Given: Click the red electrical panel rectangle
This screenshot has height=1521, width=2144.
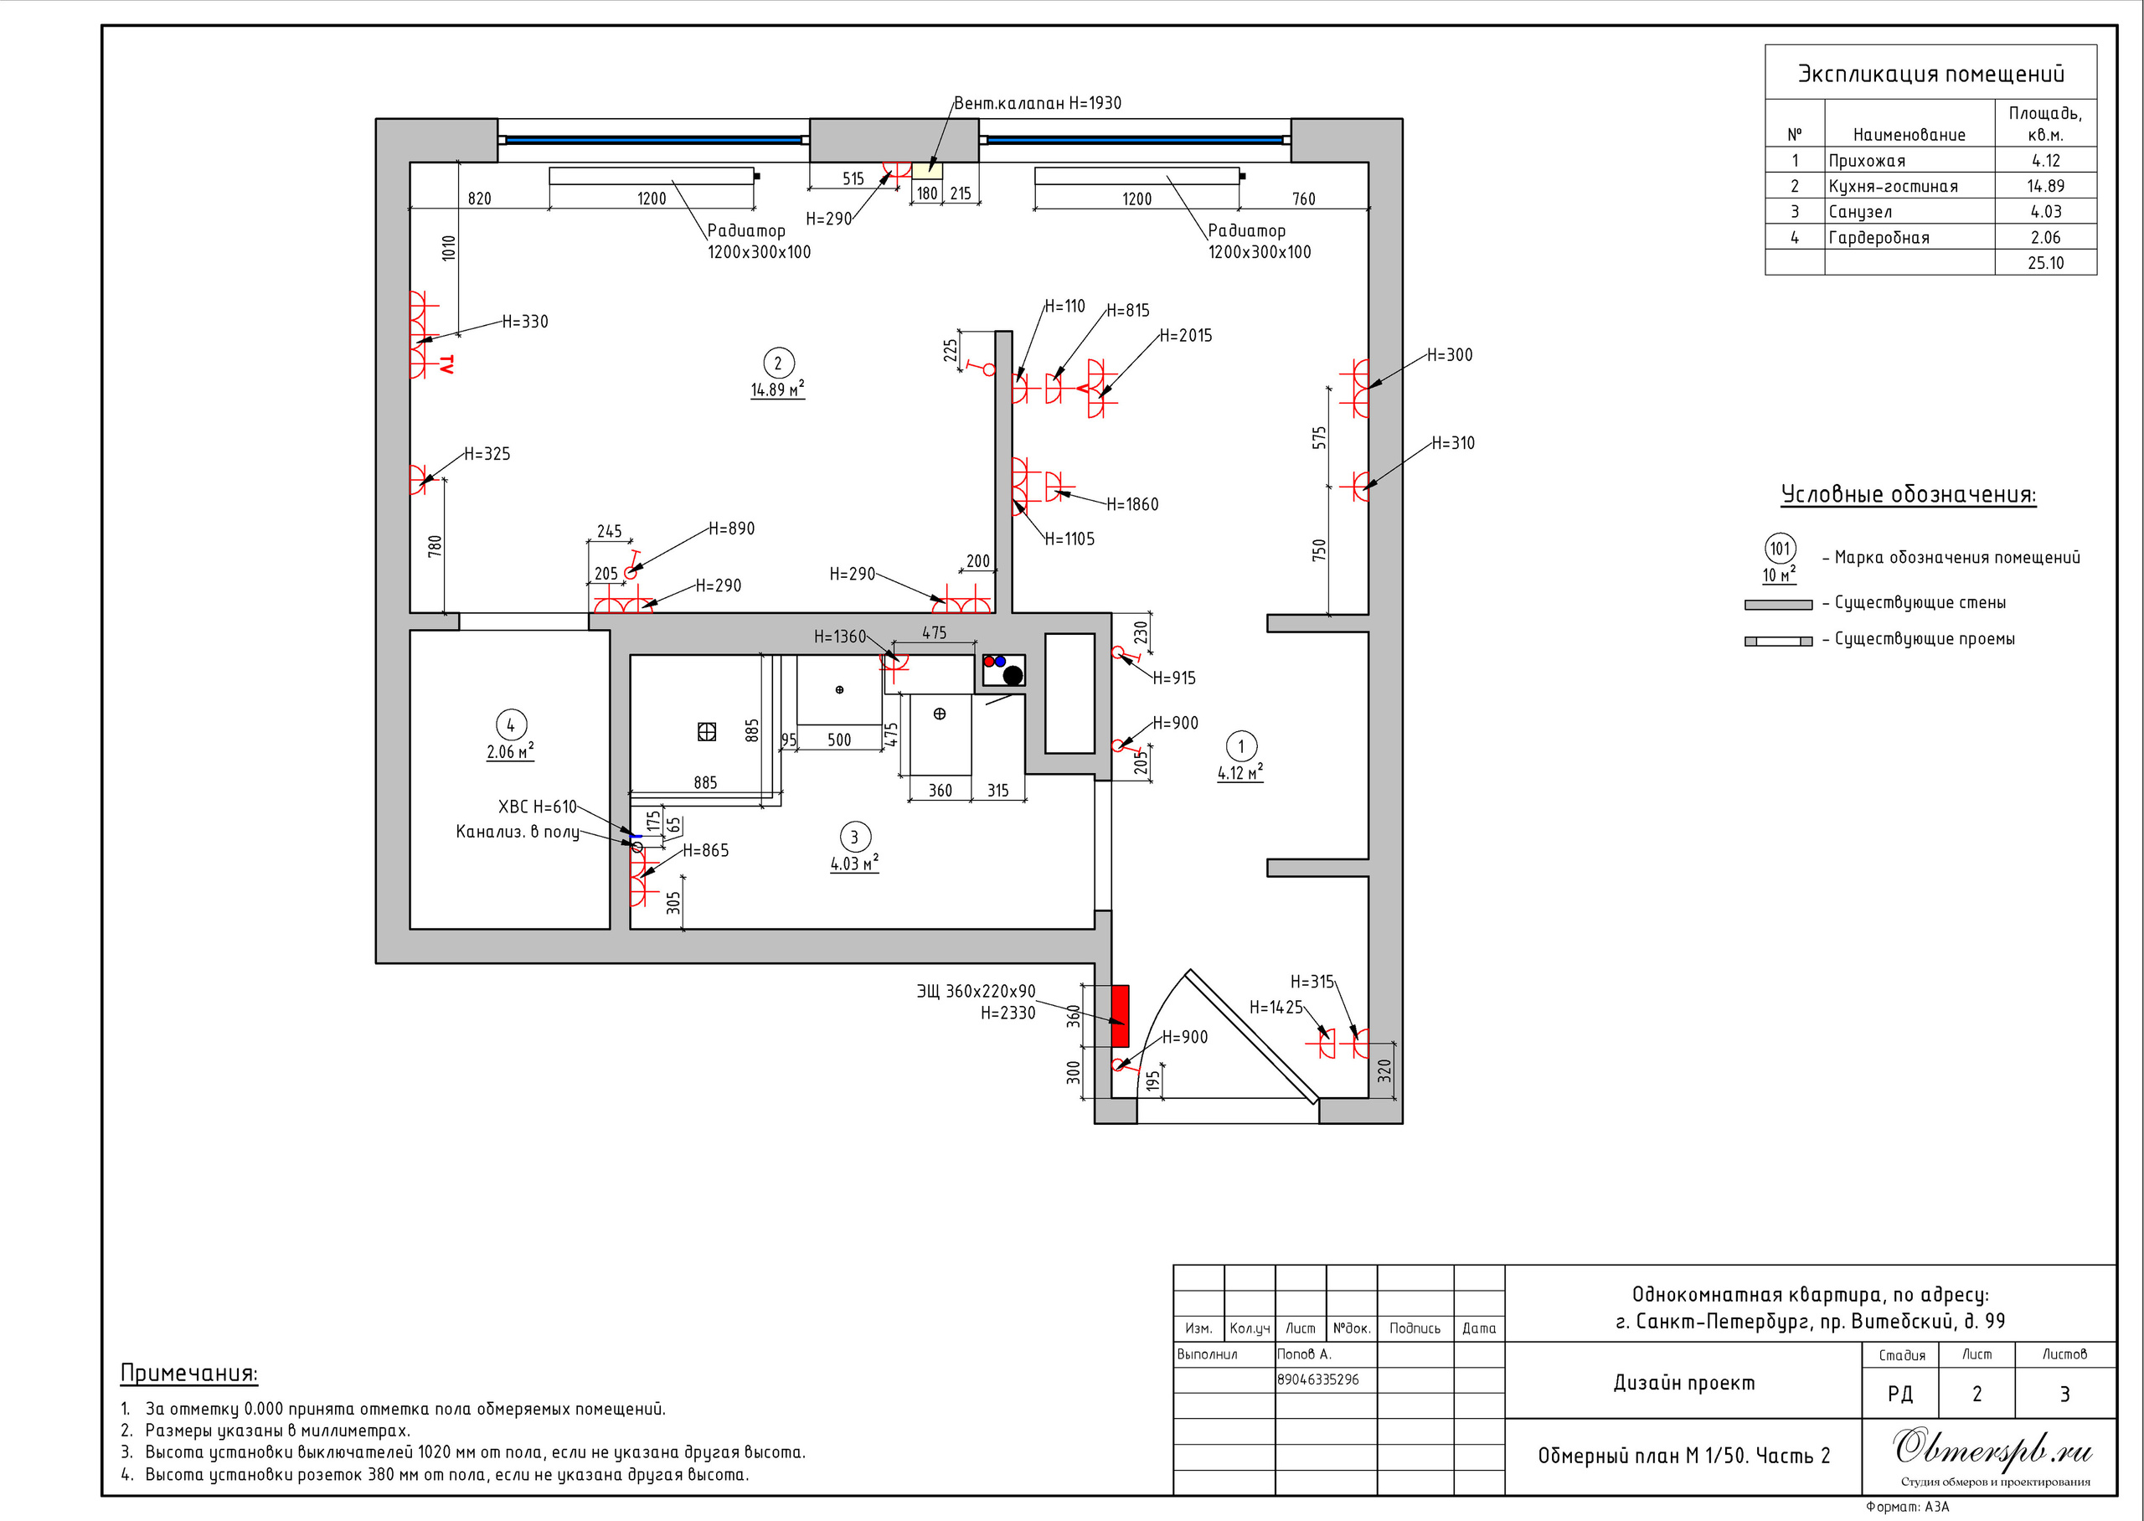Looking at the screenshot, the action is click(x=1120, y=1015).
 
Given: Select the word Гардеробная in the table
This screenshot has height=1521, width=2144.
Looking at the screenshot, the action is click(x=1879, y=238).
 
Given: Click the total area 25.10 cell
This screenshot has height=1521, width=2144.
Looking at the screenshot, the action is click(x=2045, y=263).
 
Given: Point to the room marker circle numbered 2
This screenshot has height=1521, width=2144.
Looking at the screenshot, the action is click(x=777, y=363).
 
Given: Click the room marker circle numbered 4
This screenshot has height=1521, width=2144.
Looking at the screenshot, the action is click(x=510, y=725).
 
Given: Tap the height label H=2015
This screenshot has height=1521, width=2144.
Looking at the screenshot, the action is click(x=1185, y=335).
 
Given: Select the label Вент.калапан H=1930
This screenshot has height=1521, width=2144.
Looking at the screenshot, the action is click(x=1038, y=103).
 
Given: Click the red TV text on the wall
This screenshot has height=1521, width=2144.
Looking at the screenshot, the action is click(x=446, y=364).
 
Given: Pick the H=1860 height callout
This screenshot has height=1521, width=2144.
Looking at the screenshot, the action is click(x=1132, y=505).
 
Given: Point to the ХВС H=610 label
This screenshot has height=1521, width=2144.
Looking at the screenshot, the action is click(x=537, y=807).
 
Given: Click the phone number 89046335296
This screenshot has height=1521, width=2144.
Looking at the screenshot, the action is click(x=1317, y=1379).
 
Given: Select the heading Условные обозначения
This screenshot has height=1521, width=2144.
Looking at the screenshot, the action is click(x=1908, y=494).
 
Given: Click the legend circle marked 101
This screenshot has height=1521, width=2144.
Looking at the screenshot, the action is click(x=1780, y=549).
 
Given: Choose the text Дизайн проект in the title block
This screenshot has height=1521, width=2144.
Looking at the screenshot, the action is click(x=1683, y=1383).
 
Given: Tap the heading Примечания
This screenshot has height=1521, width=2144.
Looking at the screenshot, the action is click(x=189, y=1373).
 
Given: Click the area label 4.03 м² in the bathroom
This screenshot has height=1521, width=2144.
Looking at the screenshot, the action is click(x=854, y=864).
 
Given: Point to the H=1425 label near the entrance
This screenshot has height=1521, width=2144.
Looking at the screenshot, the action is click(x=1276, y=1008).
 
